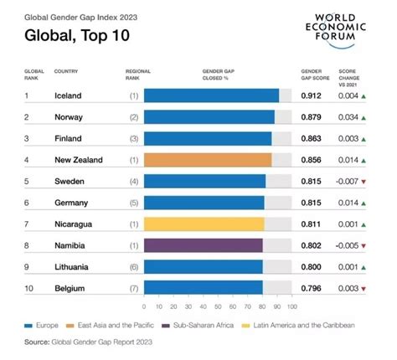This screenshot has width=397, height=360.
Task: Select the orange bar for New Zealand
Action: click(x=208, y=158)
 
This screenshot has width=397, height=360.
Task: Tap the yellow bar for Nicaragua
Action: click(x=204, y=224)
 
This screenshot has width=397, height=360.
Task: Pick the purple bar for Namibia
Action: click(x=204, y=245)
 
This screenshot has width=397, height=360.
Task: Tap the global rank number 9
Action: click(x=27, y=266)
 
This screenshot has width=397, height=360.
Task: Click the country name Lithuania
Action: click(x=71, y=266)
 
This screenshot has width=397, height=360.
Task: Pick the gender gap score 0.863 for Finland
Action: click(x=312, y=137)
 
